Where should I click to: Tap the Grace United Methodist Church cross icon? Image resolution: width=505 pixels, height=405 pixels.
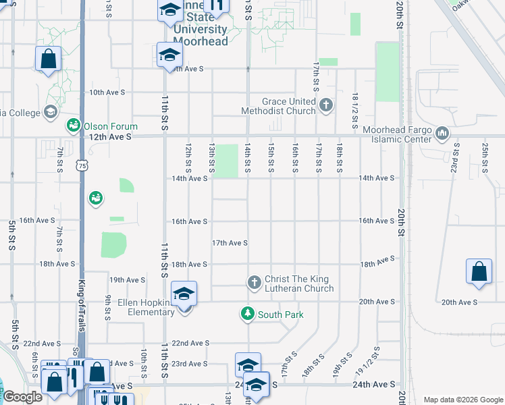pos(326,105)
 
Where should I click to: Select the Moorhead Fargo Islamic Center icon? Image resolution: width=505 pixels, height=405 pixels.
pos(443,133)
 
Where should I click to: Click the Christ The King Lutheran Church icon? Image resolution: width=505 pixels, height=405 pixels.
pos(255,282)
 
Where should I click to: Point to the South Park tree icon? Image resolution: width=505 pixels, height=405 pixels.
pos(248,314)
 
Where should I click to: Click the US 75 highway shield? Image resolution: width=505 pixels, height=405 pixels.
pos(82,165)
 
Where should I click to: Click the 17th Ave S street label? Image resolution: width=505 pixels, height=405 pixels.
pos(230,243)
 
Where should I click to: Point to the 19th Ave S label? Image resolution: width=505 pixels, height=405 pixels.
pos(128,279)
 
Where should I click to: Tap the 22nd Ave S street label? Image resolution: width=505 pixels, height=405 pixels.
pos(189,343)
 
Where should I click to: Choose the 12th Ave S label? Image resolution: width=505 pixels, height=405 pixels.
pos(109,136)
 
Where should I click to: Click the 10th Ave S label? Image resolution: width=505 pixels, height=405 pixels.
pos(108,92)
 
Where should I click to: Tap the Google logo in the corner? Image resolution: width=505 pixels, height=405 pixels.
pos(22,397)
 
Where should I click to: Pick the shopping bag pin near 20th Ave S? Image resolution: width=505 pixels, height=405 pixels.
pos(479,273)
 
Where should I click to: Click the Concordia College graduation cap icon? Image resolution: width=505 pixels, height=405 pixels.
pos(50,111)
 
